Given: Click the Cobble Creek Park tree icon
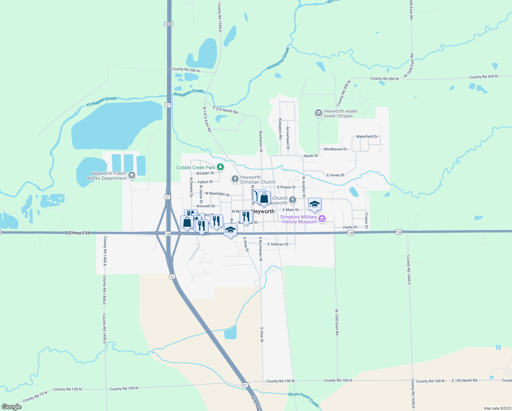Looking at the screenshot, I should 221,167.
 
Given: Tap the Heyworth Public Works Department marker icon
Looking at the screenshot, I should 132,176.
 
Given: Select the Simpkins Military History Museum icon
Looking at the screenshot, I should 322,219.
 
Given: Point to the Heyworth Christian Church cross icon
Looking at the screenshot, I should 235,179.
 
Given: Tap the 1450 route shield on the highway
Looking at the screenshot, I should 168,24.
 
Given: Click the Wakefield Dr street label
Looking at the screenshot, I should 367,136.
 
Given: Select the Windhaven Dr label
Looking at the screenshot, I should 335,149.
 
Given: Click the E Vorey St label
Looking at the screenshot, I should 335,175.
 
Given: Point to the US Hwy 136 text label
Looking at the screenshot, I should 78,233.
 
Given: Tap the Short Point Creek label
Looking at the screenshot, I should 304,399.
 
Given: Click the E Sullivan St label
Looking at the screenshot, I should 278,244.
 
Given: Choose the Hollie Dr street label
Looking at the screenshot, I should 350,227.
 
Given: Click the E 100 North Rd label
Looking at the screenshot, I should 464,381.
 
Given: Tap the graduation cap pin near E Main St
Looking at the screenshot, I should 315,204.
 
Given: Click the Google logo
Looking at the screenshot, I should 12,407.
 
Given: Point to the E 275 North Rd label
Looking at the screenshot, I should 225,110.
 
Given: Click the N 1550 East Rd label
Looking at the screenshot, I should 337,322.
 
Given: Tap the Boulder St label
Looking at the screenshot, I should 205,173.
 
